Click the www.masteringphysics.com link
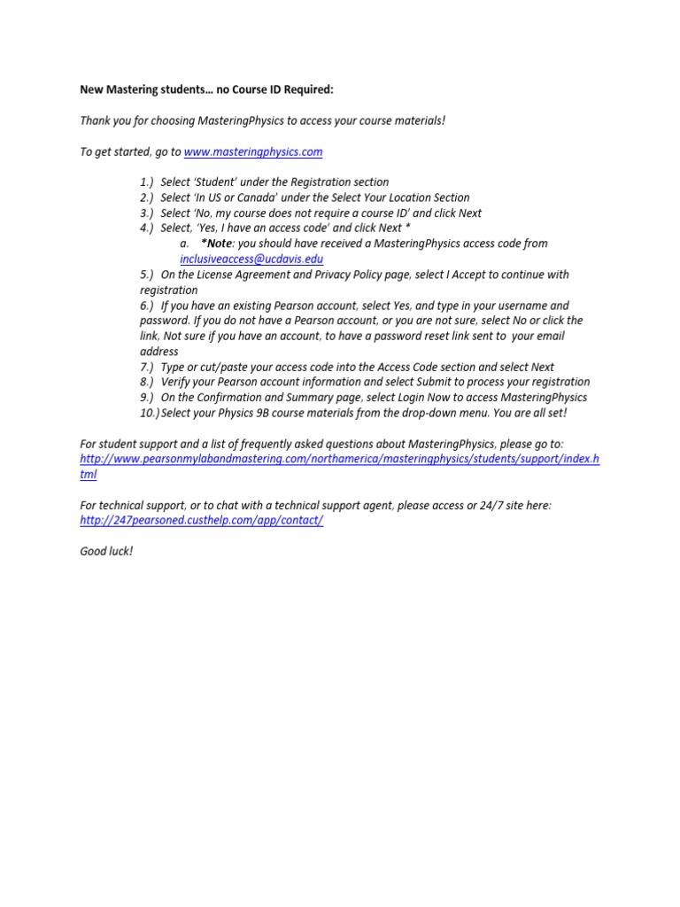252,152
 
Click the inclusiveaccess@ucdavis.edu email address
251,259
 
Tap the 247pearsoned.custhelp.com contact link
201,520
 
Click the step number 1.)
147,182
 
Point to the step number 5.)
147,275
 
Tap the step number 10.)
149,413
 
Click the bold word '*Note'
216,244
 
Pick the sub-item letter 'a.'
184,244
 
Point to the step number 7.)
147,367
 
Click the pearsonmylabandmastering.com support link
339,459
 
